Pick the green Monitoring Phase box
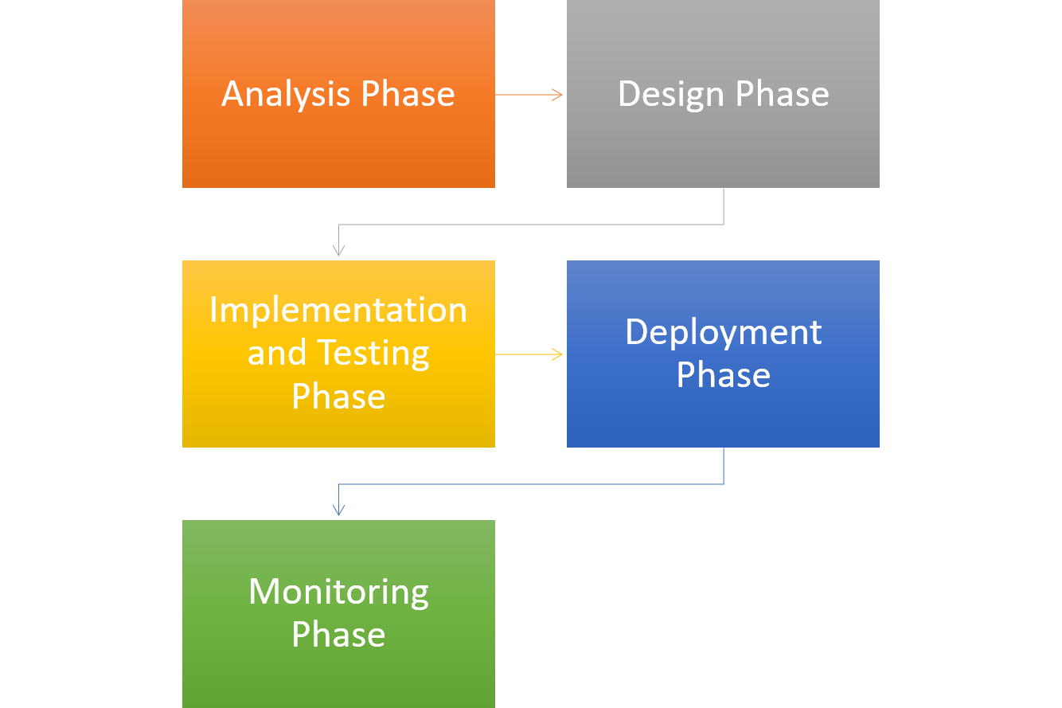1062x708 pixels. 338,677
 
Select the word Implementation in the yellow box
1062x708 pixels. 338,310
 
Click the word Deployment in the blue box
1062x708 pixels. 723,332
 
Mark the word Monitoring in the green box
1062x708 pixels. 338,592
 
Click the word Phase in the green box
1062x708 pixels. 338,635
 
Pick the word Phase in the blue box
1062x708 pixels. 723,375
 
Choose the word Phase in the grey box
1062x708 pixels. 782,94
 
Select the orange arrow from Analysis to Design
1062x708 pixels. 529,95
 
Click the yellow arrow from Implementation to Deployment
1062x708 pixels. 529,354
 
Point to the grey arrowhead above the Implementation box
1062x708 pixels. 338,250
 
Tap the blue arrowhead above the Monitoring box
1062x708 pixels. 338,510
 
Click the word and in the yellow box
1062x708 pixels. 276,353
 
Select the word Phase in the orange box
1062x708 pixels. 408,94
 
